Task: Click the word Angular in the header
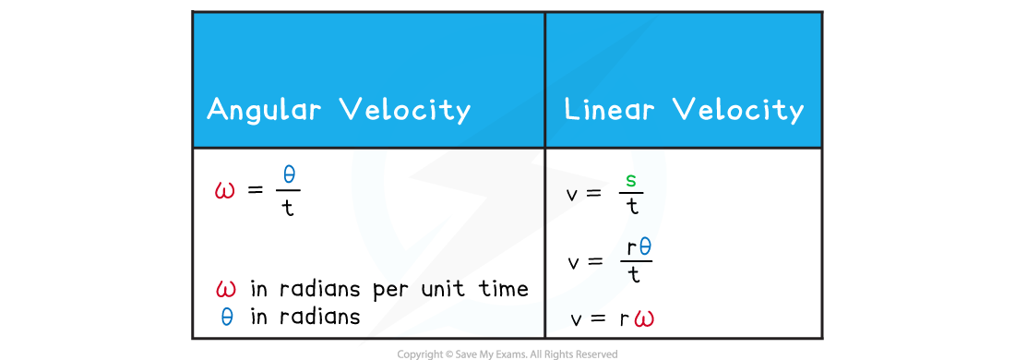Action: coord(264,110)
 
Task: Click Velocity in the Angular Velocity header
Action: coord(405,110)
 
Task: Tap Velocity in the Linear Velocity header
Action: coord(737,110)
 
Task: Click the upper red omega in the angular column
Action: coord(224,191)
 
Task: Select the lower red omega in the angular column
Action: coord(225,289)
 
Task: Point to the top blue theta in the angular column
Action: coord(289,174)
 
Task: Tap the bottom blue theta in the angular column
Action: coord(227,318)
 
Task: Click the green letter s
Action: coord(631,179)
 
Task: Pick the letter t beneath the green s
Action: coord(634,205)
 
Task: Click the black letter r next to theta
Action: coord(631,247)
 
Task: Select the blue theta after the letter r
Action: coord(645,246)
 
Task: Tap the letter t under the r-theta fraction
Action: coord(632,272)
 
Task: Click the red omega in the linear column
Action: coord(644,319)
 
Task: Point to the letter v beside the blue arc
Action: coord(578,321)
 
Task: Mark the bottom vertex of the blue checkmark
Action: coord(396,282)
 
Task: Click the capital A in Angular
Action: coord(217,110)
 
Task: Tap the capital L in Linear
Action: coord(572,110)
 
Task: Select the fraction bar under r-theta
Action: coord(637,259)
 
